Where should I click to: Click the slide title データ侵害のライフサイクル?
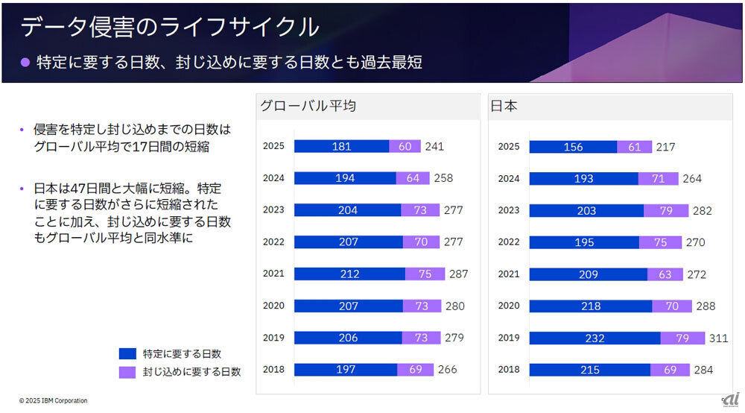[x=169, y=28]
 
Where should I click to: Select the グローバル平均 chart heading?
[x=307, y=106]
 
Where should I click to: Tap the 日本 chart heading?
[x=504, y=106]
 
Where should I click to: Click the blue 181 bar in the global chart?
[x=341, y=146]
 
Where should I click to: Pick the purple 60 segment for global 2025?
[x=405, y=146]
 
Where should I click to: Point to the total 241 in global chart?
[x=434, y=146]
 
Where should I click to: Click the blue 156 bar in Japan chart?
[x=573, y=147]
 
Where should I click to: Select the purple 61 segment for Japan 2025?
[x=634, y=147]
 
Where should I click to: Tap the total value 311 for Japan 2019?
[x=719, y=338]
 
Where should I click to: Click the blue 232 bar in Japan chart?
[x=595, y=338]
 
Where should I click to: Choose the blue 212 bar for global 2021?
[x=349, y=274]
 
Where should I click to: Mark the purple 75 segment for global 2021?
[x=425, y=274]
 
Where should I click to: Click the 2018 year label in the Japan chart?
[x=508, y=370]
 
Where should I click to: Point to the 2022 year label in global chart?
[x=273, y=242]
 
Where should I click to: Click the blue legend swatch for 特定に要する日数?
[x=127, y=354]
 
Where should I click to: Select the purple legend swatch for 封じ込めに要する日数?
[x=127, y=371]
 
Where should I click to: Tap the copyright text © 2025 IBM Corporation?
[x=53, y=401]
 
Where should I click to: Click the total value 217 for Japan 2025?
[x=665, y=147]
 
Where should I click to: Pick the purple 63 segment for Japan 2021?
[x=665, y=274]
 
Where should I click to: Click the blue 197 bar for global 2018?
[x=346, y=369]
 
